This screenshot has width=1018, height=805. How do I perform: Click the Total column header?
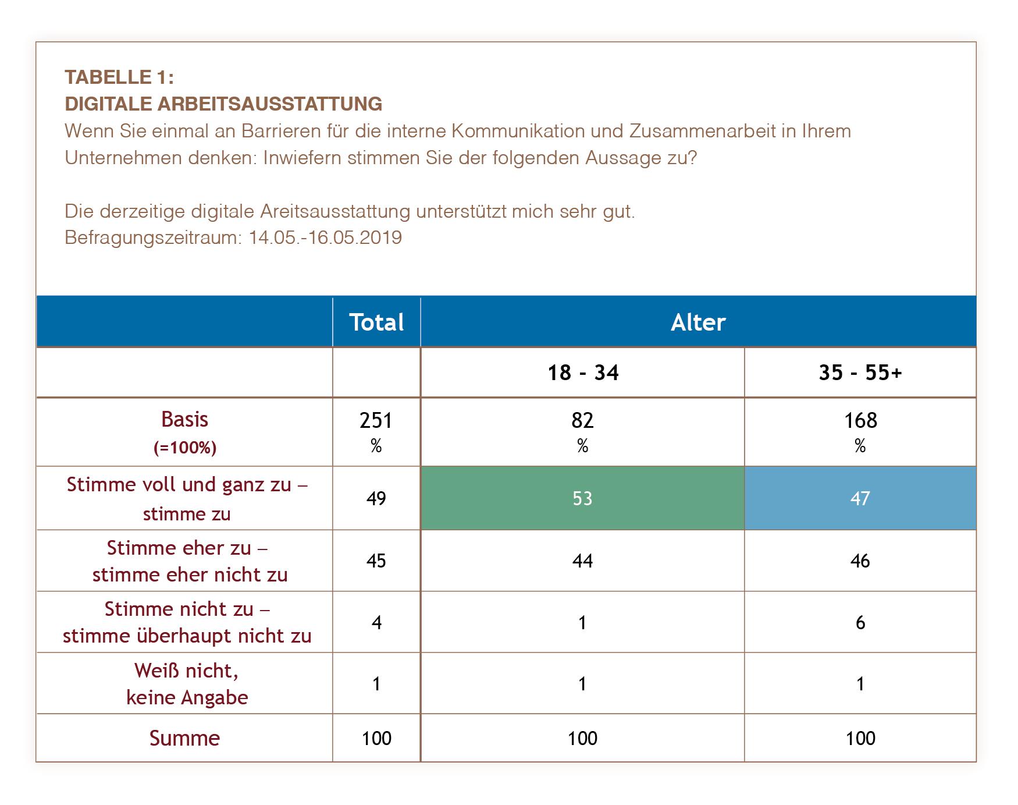pos(376,322)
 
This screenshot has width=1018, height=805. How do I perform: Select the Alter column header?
pos(698,322)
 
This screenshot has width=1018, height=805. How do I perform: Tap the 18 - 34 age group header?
pos(583,373)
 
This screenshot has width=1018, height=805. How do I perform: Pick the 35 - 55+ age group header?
pos(860,373)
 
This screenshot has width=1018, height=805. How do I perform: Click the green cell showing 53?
pos(582,498)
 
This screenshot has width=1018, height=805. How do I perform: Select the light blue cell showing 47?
pos(860,498)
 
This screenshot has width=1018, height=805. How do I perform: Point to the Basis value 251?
pos(376,420)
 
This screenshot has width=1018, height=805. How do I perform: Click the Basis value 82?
pos(582,420)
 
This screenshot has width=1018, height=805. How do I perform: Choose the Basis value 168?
pos(860,420)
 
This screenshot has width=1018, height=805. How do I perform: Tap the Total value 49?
pos(376,498)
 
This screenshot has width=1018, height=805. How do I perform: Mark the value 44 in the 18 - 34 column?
pos(582,561)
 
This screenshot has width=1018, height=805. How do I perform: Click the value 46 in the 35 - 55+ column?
pos(860,561)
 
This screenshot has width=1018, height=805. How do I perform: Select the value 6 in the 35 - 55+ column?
pos(860,623)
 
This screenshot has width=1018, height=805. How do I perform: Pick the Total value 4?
pos(376,623)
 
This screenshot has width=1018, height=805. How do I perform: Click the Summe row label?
pos(184,738)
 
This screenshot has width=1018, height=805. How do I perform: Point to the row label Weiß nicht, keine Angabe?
pos(187,684)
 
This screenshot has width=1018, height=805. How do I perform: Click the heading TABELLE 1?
pos(119,77)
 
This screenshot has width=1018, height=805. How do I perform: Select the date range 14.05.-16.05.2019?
pos(325,237)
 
